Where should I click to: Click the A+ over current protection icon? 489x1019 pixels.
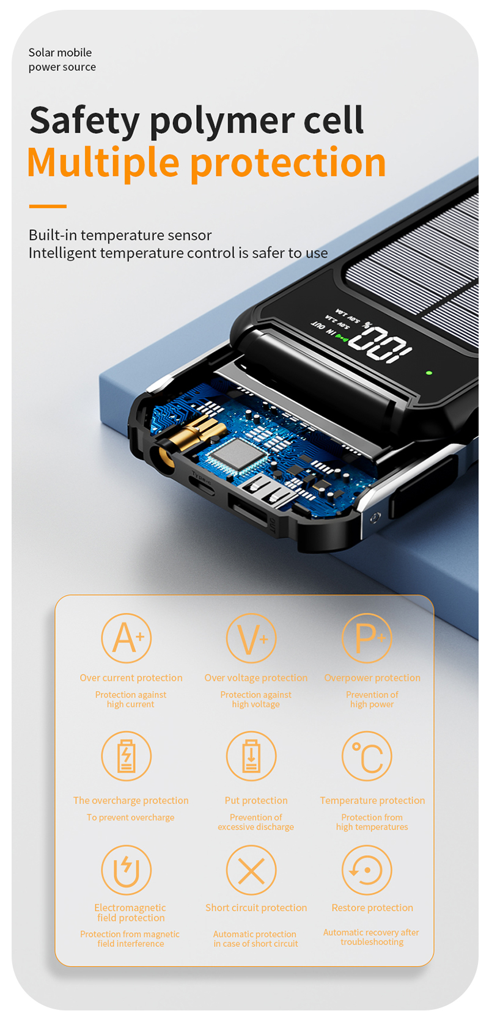click(126, 638)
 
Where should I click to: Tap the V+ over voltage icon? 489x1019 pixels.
click(251, 638)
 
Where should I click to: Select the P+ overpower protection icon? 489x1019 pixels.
click(367, 638)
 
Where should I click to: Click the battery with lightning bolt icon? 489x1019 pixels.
click(126, 756)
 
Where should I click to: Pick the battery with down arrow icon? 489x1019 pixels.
click(251, 756)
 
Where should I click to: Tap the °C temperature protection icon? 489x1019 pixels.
click(367, 756)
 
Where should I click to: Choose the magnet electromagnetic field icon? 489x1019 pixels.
click(126, 870)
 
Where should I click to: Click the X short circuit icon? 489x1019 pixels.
click(251, 870)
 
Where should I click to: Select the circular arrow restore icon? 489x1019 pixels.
click(367, 870)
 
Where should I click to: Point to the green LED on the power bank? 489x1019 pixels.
click(429, 372)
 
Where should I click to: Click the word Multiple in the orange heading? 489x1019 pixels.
click(103, 163)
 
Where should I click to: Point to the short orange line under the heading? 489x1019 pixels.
click(48, 206)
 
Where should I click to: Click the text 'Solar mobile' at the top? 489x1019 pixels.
click(60, 53)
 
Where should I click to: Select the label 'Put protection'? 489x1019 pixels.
click(256, 800)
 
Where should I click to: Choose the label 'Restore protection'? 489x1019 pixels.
click(372, 908)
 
